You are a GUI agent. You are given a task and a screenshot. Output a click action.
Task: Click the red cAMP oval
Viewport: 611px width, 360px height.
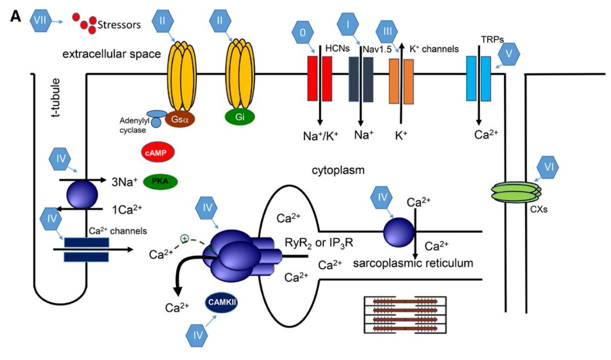[157, 153]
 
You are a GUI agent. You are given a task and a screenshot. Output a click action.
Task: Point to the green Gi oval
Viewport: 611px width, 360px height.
[239, 116]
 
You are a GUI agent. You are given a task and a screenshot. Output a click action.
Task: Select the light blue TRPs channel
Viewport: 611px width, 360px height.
[479, 78]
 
